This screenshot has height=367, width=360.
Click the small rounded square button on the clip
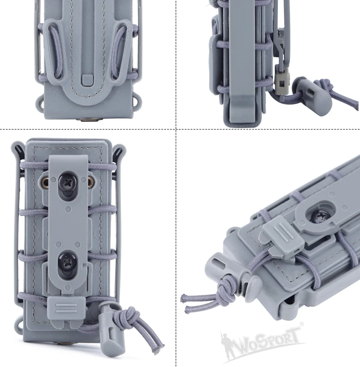pos(87,80)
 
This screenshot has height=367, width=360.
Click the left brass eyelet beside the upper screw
pos(45,181)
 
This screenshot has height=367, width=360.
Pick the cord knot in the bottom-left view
pos(128,317)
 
